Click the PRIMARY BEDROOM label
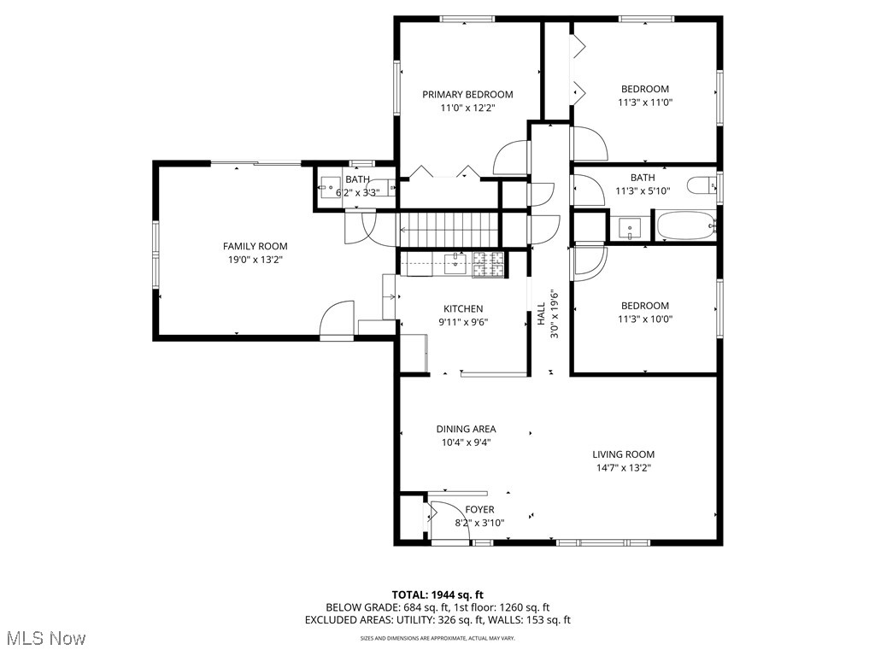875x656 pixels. (x=467, y=94)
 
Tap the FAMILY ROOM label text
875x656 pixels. (x=255, y=246)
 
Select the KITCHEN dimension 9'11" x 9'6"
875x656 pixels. (x=462, y=323)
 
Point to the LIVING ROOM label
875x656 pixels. (x=623, y=454)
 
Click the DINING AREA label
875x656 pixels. (x=466, y=429)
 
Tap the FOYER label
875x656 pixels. (x=479, y=510)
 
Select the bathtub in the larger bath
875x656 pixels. (x=685, y=227)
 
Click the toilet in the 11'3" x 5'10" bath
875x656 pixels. (x=702, y=185)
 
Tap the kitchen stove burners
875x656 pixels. (x=489, y=265)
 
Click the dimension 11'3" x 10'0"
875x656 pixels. (x=644, y=319)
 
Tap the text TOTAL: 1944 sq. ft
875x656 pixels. (x=437, y=594)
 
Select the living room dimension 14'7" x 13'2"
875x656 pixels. (x=623, y=467)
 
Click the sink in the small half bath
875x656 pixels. (x=330, y=184)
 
